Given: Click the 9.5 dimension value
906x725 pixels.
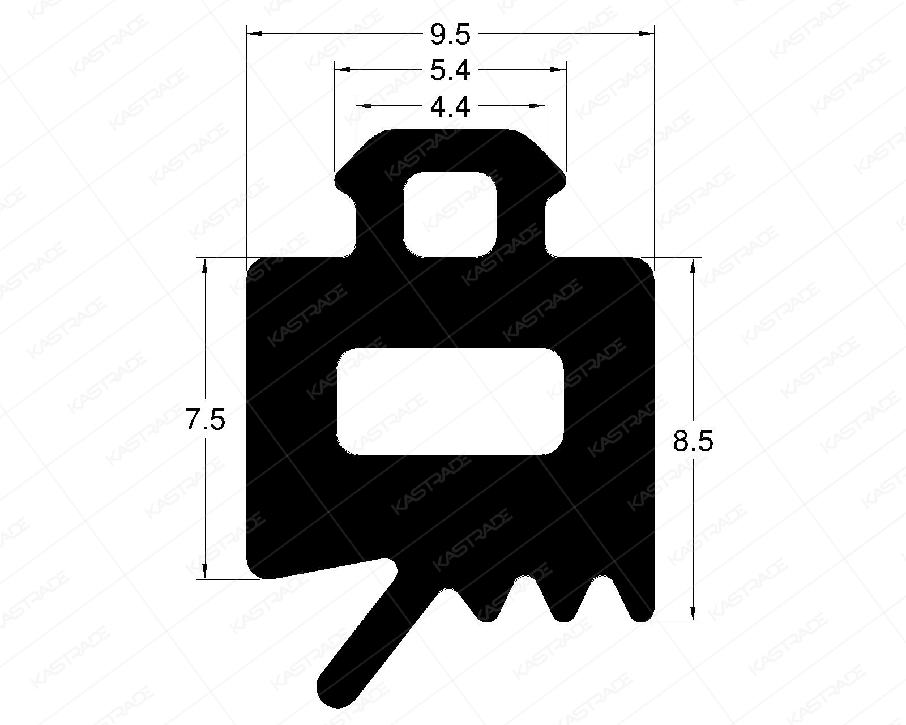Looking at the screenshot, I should pos(450,35).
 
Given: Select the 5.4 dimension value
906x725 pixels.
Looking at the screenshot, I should pos(450,70).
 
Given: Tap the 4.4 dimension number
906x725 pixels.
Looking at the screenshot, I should pos(450,106).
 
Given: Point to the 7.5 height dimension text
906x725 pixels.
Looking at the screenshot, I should pos(206,420).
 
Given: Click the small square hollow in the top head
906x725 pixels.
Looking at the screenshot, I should pos(450,214).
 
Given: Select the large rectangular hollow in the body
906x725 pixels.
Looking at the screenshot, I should pos(450,401).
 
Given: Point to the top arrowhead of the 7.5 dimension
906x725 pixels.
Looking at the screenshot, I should pos(206,265).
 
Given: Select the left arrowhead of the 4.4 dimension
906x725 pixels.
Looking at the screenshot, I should pos(362,106).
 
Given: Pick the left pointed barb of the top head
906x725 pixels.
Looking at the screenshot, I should pos(340,180).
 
